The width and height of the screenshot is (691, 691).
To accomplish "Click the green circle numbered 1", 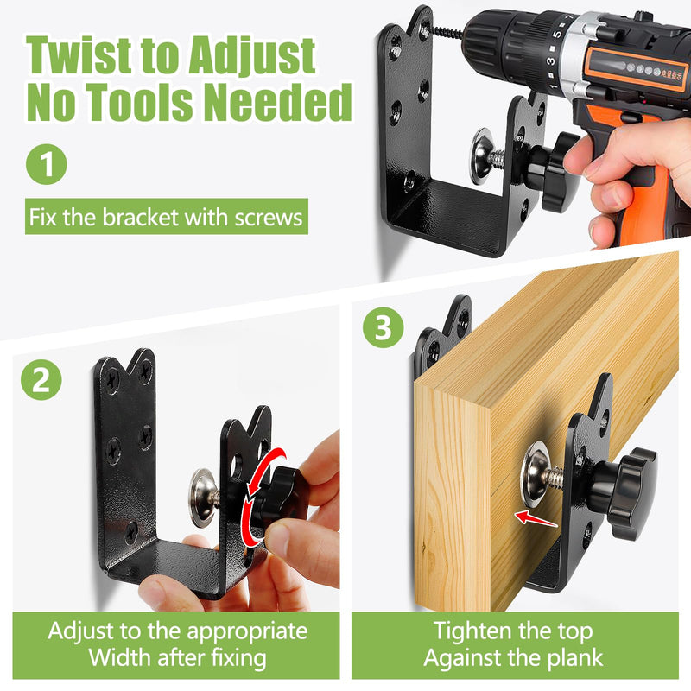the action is pos(47,164).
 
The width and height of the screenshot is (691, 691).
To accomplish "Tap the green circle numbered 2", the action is pos(41,380).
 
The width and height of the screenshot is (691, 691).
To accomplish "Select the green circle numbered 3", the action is pos(383,327).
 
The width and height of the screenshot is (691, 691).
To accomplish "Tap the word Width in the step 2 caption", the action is pos(119,657).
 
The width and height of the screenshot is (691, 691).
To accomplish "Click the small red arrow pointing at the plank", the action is pos(536,518).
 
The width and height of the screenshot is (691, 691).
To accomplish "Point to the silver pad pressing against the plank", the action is pos(535,473).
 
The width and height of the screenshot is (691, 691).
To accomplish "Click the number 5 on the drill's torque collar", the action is pos(557,35).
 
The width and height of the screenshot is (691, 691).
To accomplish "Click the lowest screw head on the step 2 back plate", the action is pos(131,533).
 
